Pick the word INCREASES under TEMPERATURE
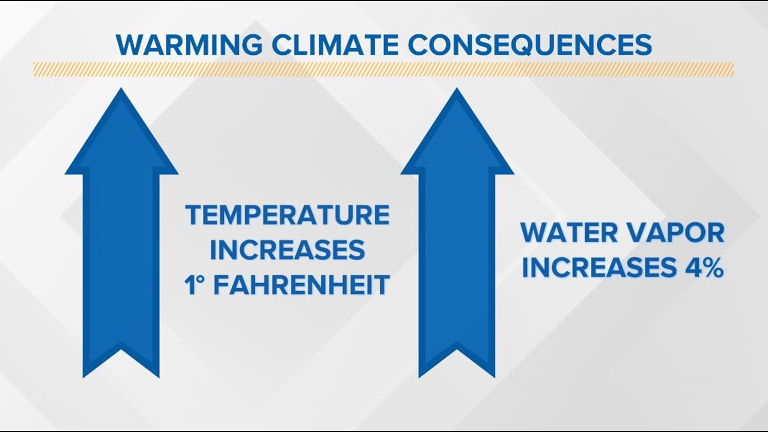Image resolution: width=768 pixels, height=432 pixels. tap(287, 250)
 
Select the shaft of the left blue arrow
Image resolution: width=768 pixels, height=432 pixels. tap(121, 260)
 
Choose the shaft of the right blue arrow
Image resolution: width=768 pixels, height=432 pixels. tap(457, 260)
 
